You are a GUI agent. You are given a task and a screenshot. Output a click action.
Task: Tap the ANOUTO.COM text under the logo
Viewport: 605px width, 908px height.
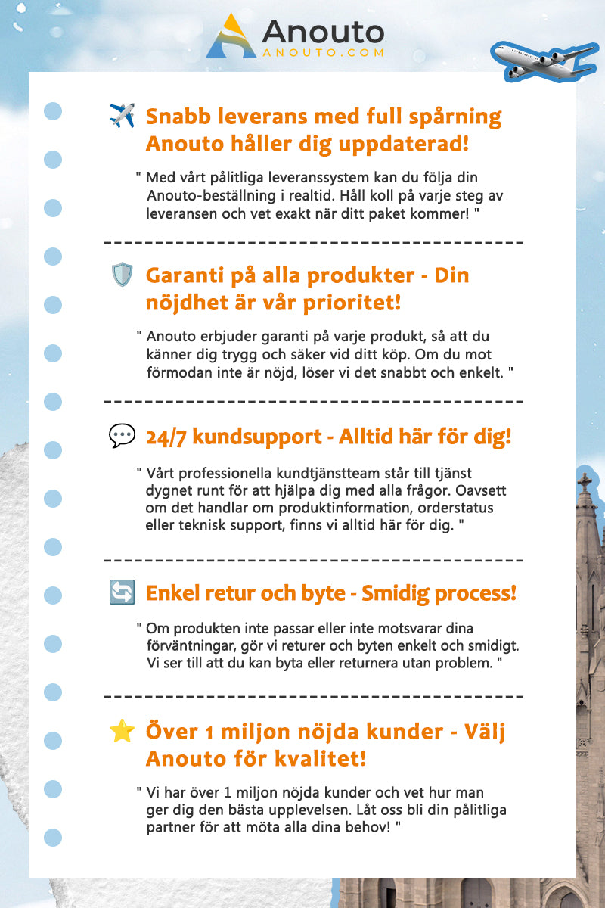point(323,53)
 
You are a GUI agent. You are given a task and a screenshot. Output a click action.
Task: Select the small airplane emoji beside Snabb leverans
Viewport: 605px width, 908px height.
point(122,116)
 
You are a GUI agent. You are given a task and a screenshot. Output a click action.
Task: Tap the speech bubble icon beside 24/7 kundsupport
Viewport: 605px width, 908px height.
point(122,435)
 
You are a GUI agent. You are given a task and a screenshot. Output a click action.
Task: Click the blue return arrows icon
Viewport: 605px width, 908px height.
point(122,594)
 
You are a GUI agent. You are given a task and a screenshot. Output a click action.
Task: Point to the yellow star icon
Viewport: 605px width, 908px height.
point(122,731)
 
